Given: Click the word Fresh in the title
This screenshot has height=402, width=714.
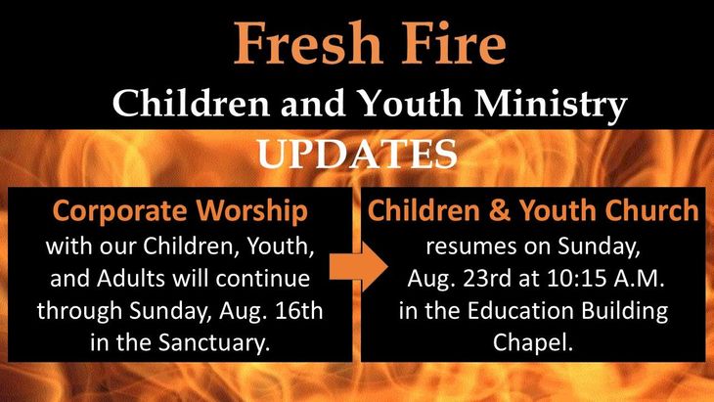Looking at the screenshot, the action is [x=308, y=43].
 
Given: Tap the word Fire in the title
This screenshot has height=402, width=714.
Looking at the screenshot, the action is [x=454, y=43].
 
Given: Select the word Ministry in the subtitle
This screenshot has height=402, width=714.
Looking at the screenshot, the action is [x=551, y=105].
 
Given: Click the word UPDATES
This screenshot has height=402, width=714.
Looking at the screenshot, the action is [x=357, y=154].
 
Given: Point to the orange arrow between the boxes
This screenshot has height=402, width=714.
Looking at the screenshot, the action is [x=358, y=267].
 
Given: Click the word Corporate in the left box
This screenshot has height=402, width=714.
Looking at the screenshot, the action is [x=119, y=212].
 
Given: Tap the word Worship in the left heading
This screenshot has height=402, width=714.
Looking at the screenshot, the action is [x=252, y=212].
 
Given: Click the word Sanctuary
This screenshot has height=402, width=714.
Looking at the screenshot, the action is [x=214, y=343].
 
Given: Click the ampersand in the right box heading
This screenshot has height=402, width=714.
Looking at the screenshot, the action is [x=500, y=211].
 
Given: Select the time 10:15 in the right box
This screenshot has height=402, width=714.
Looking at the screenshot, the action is [x=577, y=278].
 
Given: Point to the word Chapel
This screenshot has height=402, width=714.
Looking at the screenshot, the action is [x=533, y=342].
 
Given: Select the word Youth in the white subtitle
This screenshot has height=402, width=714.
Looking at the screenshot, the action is [x=411, y=104].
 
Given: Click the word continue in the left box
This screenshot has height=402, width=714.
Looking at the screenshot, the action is [x=263, y=278].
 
